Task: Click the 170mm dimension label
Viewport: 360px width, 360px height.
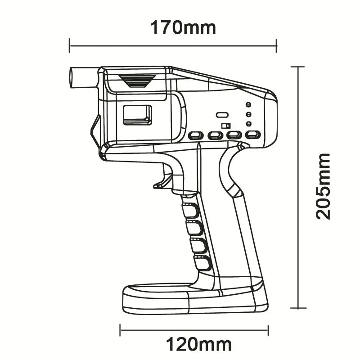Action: click(183, 27)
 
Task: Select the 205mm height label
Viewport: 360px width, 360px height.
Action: click(323, 186)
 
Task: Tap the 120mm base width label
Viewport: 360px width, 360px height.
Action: click(199, 345)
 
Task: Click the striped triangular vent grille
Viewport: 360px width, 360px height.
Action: click(137, 81)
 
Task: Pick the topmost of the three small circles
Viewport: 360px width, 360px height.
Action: click(248, 104)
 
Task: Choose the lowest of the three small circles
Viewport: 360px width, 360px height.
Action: click(248, 124)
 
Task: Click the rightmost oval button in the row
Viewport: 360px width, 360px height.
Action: click(253, 135)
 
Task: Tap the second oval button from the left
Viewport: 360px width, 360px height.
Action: click(216, 135)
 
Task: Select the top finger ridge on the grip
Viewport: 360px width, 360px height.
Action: click(191, 209)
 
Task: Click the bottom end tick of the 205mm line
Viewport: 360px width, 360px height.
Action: click(298, 308)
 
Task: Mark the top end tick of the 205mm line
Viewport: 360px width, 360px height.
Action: click(298, 67)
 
